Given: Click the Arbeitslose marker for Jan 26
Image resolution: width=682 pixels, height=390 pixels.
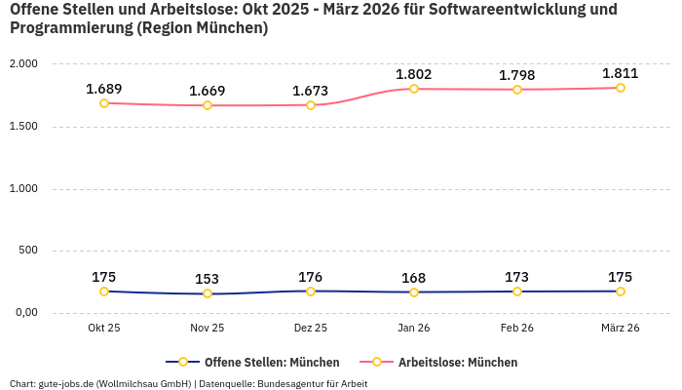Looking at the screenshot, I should (414, 89).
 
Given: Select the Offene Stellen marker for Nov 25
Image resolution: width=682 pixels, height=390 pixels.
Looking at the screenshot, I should (208, 293).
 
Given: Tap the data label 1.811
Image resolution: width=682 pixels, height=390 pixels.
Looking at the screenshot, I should (620, 73).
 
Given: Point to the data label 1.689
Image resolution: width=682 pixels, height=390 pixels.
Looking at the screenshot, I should (104, 89).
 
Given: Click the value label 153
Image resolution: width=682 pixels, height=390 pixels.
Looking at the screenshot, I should (208, 279).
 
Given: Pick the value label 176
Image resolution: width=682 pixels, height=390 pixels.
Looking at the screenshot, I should (311, 277).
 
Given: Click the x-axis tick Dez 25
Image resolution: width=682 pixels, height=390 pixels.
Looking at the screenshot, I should (311, 328).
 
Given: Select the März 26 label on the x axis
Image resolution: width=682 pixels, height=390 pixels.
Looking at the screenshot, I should (620, 328).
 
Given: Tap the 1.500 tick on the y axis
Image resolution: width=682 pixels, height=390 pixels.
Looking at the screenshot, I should (22, 126).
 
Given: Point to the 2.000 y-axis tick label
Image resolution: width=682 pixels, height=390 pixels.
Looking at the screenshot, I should (22, 63).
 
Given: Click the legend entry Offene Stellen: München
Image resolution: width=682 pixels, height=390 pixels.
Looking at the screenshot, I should (271, 362).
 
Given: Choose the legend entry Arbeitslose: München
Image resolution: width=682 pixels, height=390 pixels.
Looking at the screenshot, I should (457, 362).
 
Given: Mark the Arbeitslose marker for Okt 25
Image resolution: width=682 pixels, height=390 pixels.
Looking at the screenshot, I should (104, 102).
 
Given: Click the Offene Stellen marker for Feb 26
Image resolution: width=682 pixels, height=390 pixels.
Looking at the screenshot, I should (517, 292).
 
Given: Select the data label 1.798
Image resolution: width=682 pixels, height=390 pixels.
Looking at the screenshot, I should (517, 75).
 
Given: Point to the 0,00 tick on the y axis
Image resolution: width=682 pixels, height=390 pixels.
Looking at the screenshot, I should (24, 312).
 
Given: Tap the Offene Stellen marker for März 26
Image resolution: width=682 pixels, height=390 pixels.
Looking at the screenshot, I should (620, 292).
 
